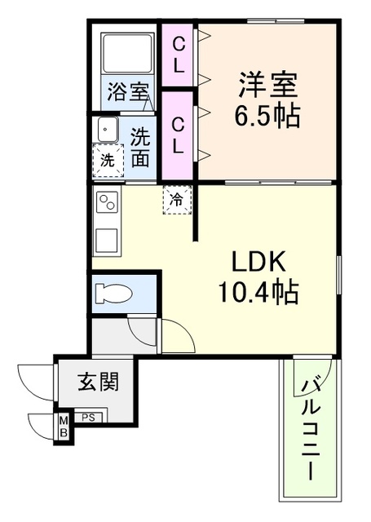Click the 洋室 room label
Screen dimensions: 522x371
[x=268, y=82]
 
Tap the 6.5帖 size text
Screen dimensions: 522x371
[x=268, y=114]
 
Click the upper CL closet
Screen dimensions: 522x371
[x=179, y=55]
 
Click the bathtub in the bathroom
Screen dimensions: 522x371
[x=128, y=55]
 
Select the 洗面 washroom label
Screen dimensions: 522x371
[x=139, y=146]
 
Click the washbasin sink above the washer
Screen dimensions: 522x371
[x=107, y=130]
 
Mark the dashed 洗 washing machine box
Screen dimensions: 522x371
[x=108, y=160]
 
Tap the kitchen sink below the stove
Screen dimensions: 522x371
[x=107, y=240]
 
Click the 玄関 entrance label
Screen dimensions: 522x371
[x=98, y=382]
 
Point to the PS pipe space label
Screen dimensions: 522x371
[x=90, y=418]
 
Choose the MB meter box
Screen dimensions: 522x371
[x=62, y=427]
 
